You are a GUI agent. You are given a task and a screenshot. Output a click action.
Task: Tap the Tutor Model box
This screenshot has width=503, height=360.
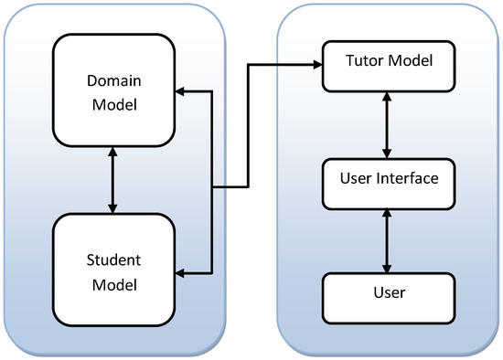(389, 66)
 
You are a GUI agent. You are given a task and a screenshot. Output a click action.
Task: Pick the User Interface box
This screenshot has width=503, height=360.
(389, 178)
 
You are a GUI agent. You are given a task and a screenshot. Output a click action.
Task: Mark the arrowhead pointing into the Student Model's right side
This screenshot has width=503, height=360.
(180, 272)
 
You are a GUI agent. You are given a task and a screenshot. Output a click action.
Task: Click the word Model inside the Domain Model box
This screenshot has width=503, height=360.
(112, 105)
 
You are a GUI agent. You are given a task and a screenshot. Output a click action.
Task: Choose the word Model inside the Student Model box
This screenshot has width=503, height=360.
(112, 284)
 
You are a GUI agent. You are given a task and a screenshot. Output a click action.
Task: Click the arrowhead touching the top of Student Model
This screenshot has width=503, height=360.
(112, 208)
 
